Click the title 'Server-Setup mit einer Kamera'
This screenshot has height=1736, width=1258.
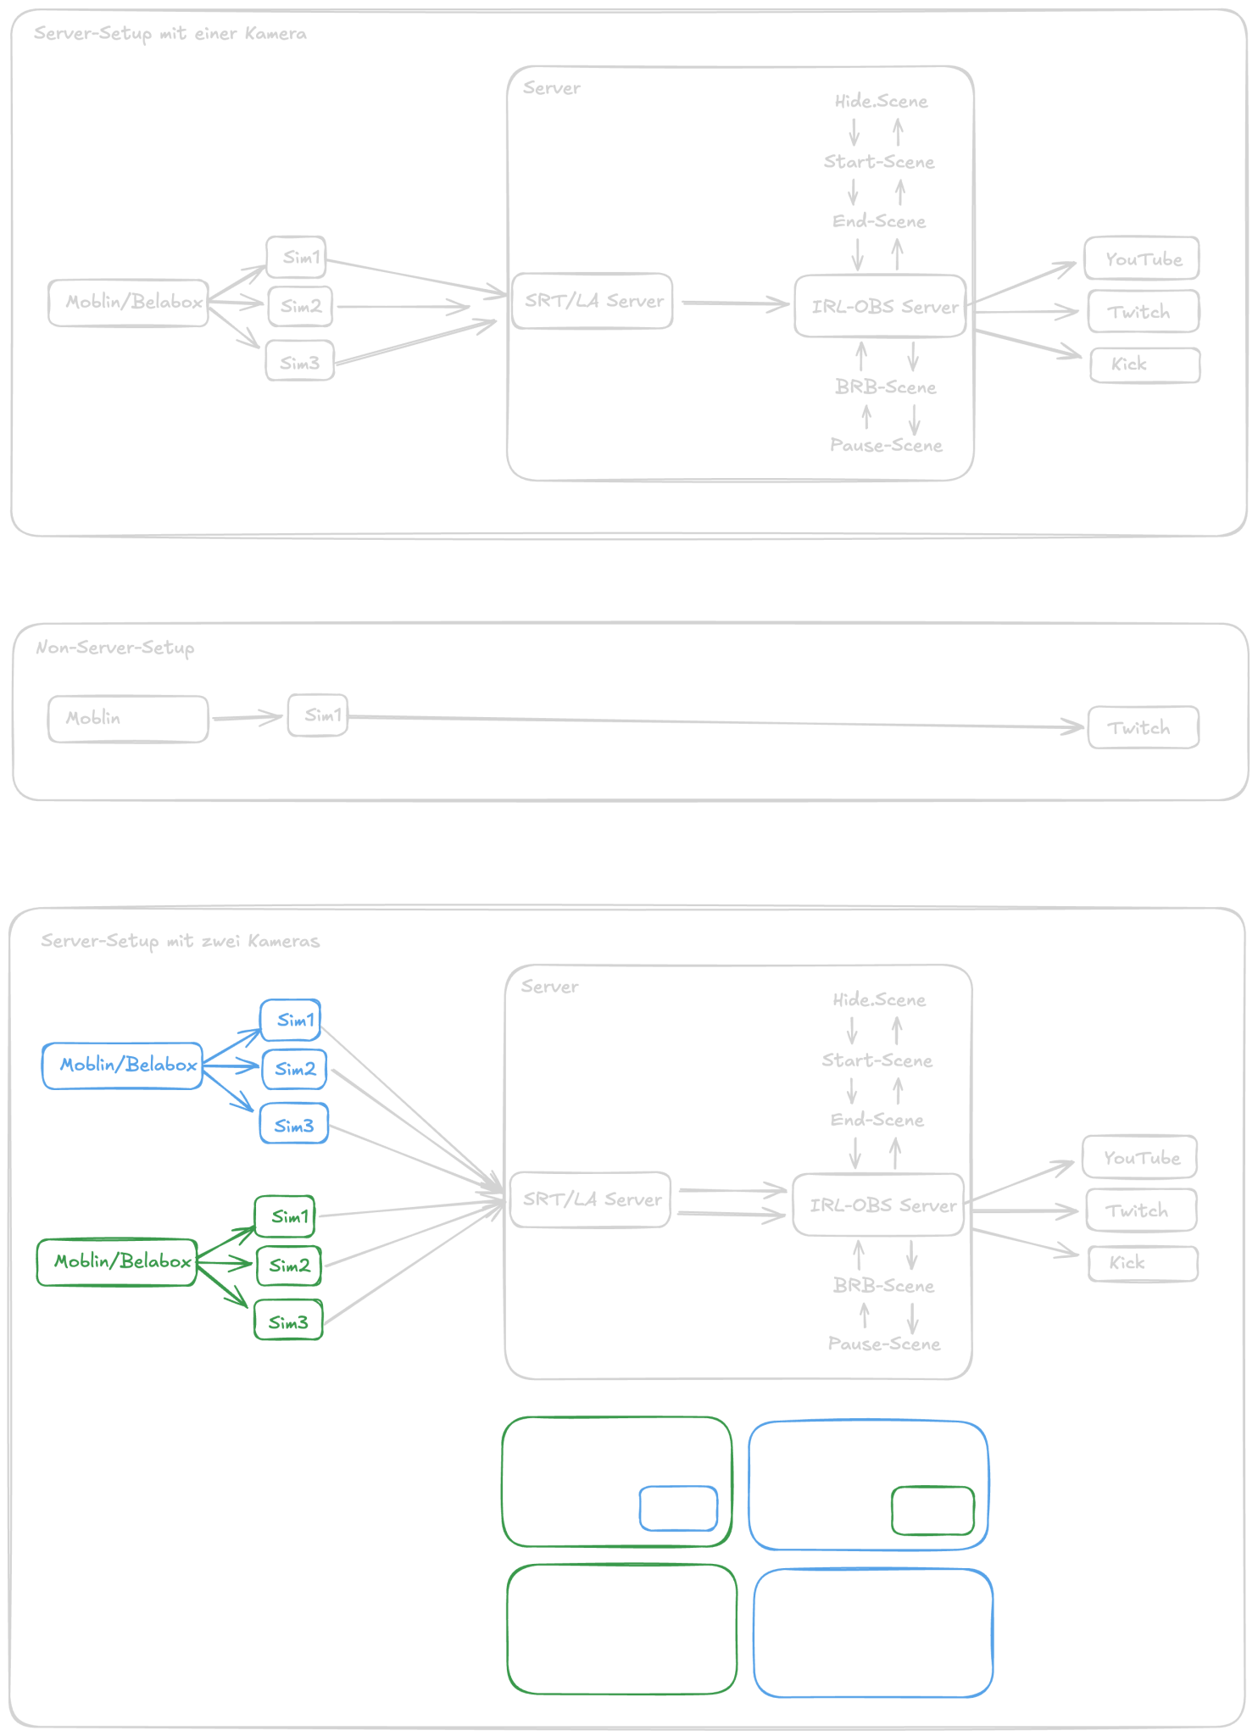click(x=170, y=34)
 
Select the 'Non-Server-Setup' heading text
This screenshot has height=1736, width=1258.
click(x=115, y=648)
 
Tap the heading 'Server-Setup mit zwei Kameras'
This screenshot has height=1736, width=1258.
click(x=181, y=941)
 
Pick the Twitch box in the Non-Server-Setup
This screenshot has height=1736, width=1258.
click(x=1143, y=727)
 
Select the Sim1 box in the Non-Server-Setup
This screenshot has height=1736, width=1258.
click(x=318, y=715)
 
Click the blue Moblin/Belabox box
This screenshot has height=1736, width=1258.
click(x=123, y=1066)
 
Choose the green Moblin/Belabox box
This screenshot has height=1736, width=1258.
click(x=118, y=1262)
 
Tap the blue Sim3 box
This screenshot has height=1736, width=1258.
click(x=293, y=1124)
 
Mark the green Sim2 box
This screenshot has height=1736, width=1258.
click(x=289, y=1266)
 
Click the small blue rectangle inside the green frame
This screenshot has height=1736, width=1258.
click(x=678, y=1509)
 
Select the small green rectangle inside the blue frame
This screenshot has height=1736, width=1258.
click(x=932, y=1511)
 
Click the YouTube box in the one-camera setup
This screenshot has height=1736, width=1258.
click(x=1142, y=259)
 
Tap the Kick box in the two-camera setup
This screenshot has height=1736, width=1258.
click(x=1143, y=1263)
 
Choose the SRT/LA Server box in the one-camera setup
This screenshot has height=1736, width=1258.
click(x=593, y=301)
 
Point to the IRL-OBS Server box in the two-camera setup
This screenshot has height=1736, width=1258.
click(x=879, y=1205)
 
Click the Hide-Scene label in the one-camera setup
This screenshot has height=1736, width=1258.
click(x=881, y=102)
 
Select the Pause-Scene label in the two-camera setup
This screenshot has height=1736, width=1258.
click(x=884, y=1344)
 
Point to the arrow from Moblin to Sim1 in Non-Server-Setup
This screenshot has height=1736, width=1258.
click(x=248, y=718)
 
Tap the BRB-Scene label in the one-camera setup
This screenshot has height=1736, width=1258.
click(x=886, y=387)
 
